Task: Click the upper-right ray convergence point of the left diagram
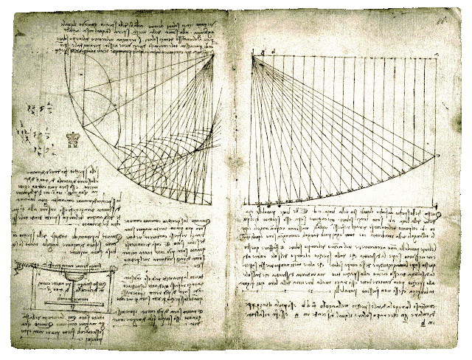click(214, 55)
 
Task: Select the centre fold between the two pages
click(235, 184)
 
